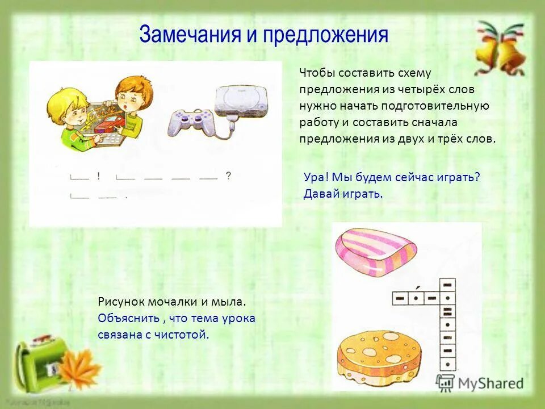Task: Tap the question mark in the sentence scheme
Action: (228, 176)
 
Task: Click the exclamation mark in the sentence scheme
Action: (98, 176)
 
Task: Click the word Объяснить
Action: (124, 319)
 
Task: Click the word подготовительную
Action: (444, 106)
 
